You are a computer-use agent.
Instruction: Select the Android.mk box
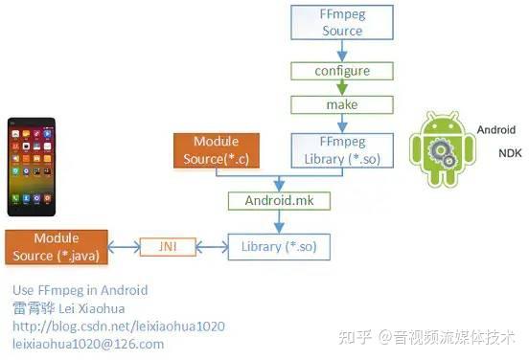tap(278, 201)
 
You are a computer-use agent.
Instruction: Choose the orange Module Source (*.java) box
tap(56, 247)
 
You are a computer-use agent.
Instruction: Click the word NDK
tap(510, 153)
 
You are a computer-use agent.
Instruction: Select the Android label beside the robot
tap(495, 129)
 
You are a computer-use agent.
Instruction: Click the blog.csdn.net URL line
tap(118, 326)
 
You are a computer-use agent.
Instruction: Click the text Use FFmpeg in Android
tap(80, 289)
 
